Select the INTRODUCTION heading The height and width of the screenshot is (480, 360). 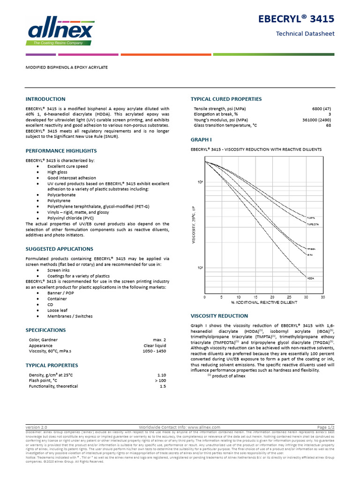coord(45,99)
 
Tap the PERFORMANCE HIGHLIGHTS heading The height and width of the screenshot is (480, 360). coord(61,150)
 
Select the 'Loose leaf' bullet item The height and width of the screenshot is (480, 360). coord(58,310)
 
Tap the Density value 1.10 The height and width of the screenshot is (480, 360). coord(162,375)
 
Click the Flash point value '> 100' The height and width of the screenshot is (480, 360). coord(160,381)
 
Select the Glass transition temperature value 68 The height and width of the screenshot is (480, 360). coord(329,126)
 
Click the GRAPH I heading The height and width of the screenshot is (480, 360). coord(202,140)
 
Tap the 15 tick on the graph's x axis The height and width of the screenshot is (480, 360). coord(255,297)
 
